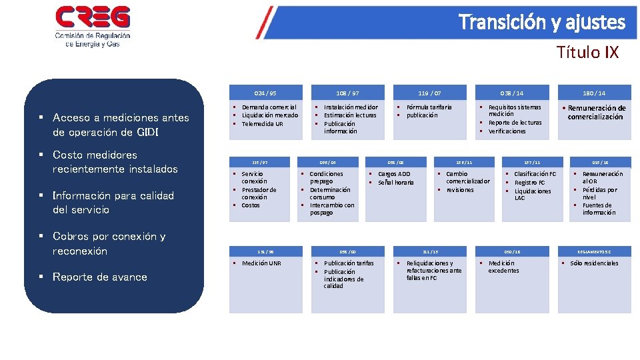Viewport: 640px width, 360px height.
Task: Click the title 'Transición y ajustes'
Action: [542, 23]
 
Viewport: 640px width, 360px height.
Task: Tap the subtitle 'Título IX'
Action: [587, 53]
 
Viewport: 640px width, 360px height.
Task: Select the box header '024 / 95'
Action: [265, 93]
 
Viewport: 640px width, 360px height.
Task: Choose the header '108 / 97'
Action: [347, 93]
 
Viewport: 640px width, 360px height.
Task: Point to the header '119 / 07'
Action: [429, 93]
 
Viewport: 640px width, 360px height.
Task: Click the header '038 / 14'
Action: [512, 93]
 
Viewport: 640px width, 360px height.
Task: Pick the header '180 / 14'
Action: [594, 93]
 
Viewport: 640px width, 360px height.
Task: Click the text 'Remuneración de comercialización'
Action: [597, 112]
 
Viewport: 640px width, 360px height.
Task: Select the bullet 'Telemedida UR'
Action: [262, 124]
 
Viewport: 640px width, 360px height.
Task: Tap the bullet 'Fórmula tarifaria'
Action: [429, 107]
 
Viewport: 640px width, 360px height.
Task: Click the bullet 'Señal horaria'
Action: [396, 183]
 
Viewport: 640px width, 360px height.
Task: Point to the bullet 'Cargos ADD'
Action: [394, 174]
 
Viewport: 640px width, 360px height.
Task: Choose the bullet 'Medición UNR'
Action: [261, 263]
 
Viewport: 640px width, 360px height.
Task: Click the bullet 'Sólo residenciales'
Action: [594, 263]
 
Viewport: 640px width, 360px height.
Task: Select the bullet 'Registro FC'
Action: [529, 182]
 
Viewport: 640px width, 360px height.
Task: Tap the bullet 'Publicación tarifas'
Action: [349, 263]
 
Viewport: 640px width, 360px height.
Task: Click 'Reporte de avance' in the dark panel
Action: [99, 277]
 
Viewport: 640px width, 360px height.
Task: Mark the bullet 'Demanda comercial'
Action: [269, 107]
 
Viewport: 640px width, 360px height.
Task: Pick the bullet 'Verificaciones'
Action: [507, 131]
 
